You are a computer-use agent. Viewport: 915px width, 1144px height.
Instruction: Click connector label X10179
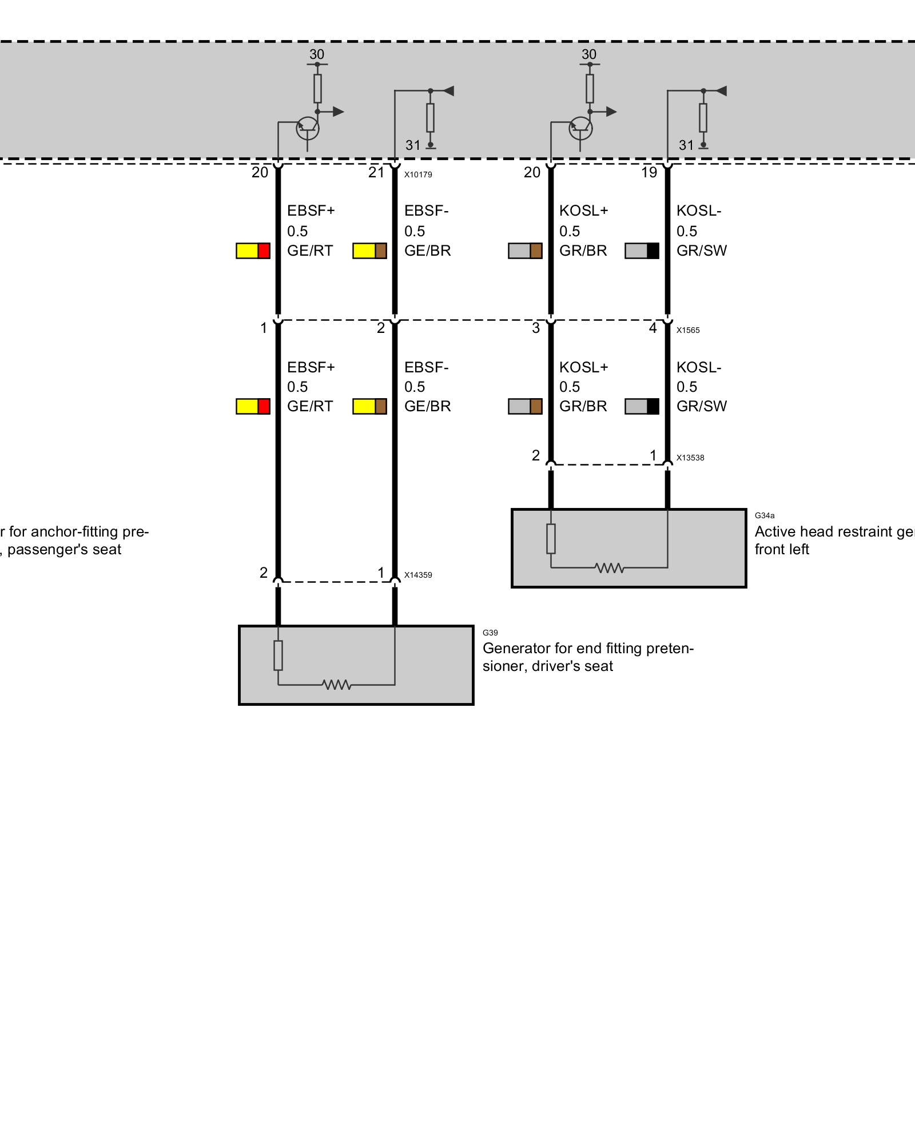pos(418,174)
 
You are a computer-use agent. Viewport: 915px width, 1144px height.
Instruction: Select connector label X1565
pos(688,330)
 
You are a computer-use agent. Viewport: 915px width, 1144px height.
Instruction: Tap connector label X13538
pos(690,458)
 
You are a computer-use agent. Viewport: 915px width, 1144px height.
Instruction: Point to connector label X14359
pos(418,575)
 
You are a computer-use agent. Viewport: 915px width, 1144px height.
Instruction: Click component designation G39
pos(490,633)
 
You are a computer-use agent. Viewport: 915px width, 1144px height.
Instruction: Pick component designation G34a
pos(765,515)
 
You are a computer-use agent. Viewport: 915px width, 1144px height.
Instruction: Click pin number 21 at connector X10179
pos(376,172)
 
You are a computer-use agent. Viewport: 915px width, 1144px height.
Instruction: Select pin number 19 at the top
pos(649,172)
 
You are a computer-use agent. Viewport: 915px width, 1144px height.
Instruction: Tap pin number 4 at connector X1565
pos(653,328)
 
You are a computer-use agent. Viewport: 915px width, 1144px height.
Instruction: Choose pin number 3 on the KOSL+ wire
pos(536,328)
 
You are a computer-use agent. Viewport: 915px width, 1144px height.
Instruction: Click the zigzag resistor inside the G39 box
pos(337,685)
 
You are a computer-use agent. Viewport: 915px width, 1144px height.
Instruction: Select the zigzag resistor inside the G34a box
pos(610,568)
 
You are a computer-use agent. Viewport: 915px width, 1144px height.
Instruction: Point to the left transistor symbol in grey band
pos(308,128)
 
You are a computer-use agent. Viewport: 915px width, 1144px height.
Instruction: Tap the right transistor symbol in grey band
pos(580,128)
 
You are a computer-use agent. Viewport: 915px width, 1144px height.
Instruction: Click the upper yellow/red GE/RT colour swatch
pos(253,251)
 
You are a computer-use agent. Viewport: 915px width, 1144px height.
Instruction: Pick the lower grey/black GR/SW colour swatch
pos(642,406)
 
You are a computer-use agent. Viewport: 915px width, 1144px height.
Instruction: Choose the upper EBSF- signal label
pos(426,210)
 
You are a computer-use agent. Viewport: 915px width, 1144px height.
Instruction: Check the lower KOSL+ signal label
pos(583,367)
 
